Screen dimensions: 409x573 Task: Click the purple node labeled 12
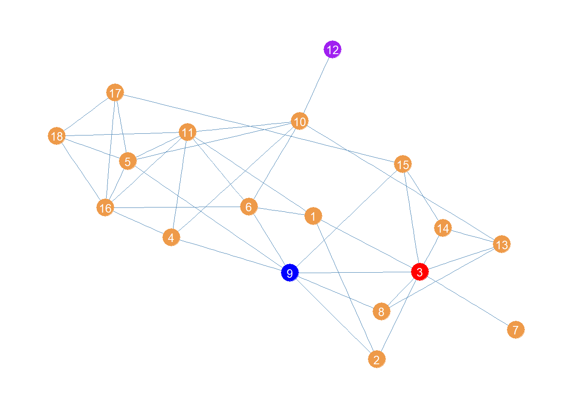click(x=333, y=50)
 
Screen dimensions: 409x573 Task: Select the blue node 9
click(x=290, y=273)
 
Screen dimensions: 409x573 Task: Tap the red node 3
click(x=420, y=272)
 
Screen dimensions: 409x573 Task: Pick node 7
click(x=516, y=329)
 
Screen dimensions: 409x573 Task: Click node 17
click(x=115, y=93)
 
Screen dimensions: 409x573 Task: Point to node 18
click(x=57, y=136)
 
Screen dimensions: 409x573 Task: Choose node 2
click(x=377, y=359)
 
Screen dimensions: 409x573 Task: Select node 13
click(x=502, y=245)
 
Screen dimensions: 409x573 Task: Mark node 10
click(x=300, y=121)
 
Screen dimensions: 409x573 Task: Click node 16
click(x=105, y=208)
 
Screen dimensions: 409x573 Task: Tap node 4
click(x=171, y=237)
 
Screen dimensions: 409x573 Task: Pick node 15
click(x=403, y=164)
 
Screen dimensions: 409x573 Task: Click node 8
click(x=382, y=311)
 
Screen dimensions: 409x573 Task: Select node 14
click(x=443, y=228)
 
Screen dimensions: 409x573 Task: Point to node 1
click(x=313, y=216)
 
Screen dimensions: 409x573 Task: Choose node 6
click(x=249, y=207)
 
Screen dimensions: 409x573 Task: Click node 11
click(x=188, y=132)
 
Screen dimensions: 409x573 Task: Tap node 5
click(x=127, y=161)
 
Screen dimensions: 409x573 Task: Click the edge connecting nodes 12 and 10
click(x=316, y=85)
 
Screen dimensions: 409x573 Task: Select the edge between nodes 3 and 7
click(x=468, y=301)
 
